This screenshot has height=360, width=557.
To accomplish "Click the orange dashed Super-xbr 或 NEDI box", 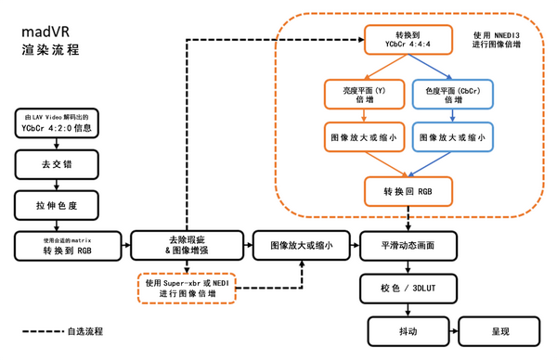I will click(x=187, y=288).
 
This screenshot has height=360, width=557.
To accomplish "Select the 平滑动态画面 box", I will click(x=408, y=246).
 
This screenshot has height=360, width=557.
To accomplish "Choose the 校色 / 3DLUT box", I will click(x=408, y=289).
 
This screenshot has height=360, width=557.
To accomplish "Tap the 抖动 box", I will click(x=408, y=331).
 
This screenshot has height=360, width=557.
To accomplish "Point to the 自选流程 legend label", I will click(x=84, y=330).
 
